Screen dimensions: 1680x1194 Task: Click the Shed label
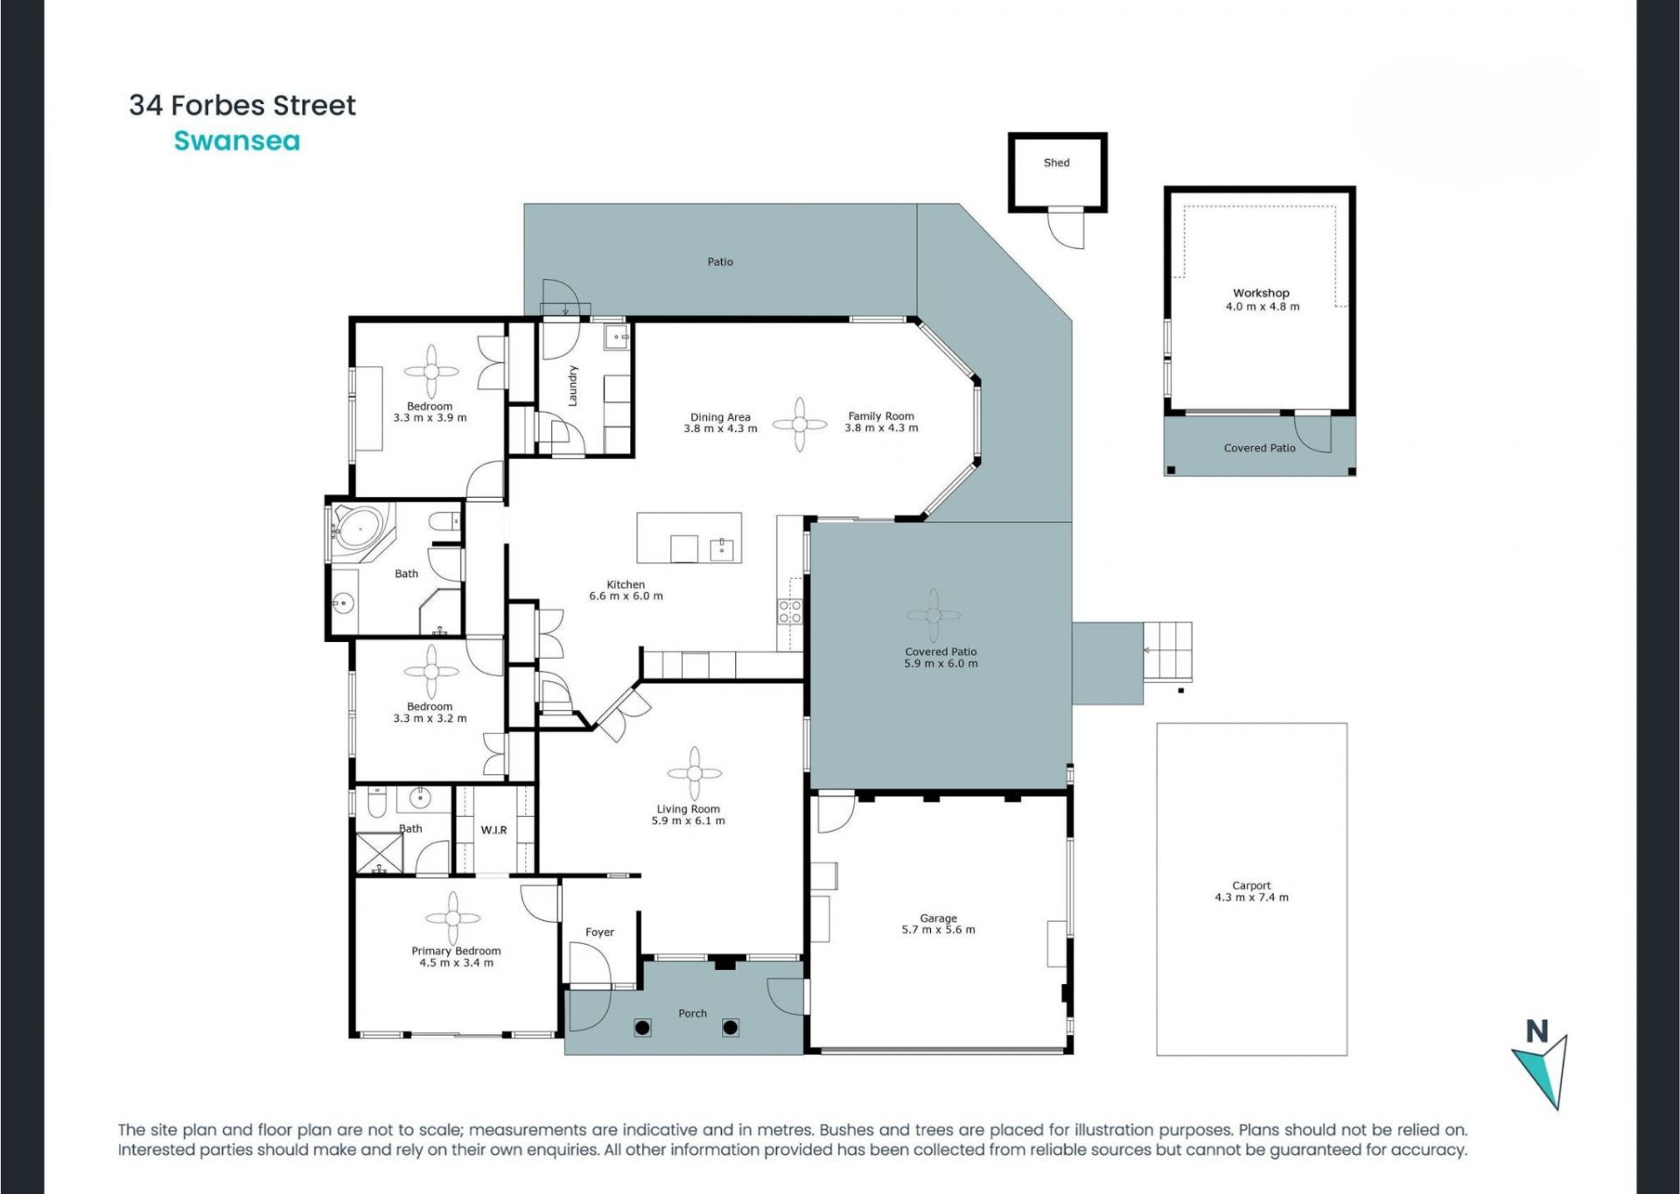pyautogui.click(x=1056, y=163)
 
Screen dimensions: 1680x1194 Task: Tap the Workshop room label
pyautogui.click(x=1261, y=293)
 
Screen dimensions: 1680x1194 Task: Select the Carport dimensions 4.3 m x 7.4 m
pyautogui.click(x=1251, y=897)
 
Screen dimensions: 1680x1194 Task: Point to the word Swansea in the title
pyautogui.click(x=237, y=141)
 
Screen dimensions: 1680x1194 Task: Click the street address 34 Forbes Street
pyautogui.click(x=242, y=105)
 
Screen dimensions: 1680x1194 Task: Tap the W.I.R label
pyautogui.click(x=493, y=830)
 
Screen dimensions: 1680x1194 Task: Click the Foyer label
pyautogui.click(x=599, y=932)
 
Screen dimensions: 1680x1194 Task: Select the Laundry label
pyautogui.click(x=573, y=386)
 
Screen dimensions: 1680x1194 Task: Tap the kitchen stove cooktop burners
pyautogui.click(x=790, y=611)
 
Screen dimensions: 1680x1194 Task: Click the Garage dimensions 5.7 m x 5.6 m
pyautogui.click(x=938, y=930)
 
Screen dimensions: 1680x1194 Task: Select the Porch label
pyautogui.click(x=692, y=1014)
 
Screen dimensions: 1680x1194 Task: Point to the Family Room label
pyautogui.click(x=881, y=416)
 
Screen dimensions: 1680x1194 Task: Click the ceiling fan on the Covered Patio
pyautogui.click(x=934, y=615)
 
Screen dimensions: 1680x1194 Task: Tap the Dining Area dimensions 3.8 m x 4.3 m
pyautogui.click(x=720, y=429)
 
